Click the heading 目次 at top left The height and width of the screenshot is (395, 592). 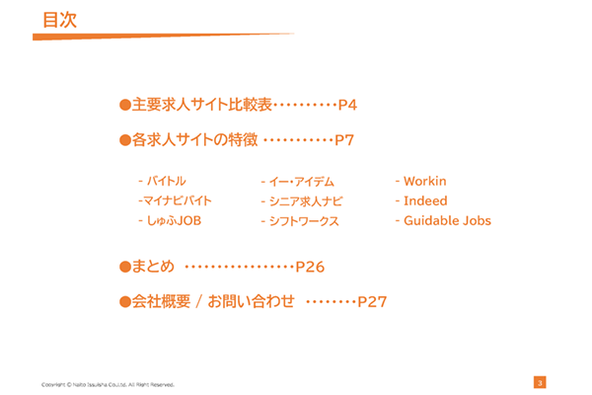[x=59, y=19]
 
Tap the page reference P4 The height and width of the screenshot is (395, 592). [x=347, y=104]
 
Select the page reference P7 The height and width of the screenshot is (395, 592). [x=344, y=140]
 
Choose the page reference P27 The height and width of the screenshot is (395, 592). [x=372, y=301]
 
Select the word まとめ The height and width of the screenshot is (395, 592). [x=153, y=267]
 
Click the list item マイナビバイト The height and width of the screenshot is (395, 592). [x=176, y=201]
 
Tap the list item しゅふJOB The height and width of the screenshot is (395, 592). [x=170, y=221]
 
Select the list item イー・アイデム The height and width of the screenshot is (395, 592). [x=298, y=182]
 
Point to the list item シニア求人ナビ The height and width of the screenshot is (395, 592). [x=301, y=201]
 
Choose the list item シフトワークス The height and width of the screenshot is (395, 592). [x=300, y=221]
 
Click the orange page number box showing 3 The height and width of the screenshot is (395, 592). [x=540, y=382]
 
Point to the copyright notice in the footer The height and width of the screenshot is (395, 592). [x=109, y=383]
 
